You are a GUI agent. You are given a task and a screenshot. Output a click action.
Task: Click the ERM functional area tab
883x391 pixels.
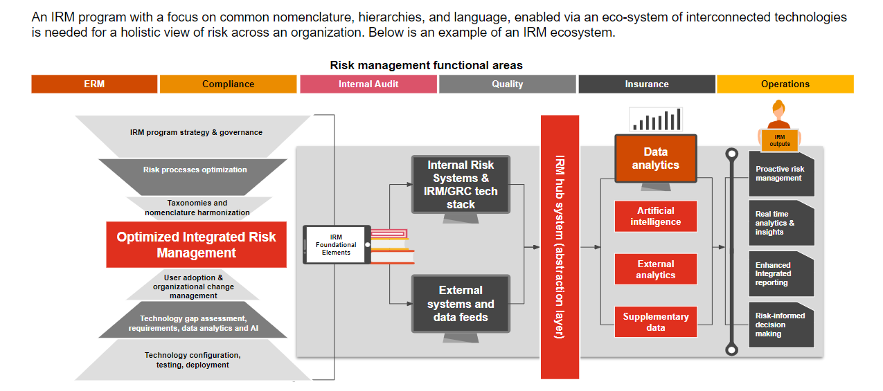click(x=94, y=84)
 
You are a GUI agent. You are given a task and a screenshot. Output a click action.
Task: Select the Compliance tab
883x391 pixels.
click(x=228, y=84)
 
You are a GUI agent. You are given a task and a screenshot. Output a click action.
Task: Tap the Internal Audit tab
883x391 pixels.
click(x=368, y=84)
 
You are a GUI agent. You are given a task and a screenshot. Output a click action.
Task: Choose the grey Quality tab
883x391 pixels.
click(x=507, y=84)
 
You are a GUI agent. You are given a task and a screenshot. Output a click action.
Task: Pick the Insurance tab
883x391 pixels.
click(x=647, y=84)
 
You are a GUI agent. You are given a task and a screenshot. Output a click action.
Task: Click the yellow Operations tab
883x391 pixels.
click(x=785, y=84)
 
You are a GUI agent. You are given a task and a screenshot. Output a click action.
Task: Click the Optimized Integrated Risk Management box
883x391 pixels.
click(x=196, y=245)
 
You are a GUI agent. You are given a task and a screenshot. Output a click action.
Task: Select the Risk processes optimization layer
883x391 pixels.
click(x=195, y=170)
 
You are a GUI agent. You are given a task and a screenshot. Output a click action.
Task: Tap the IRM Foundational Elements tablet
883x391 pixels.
click(x=336, y=245)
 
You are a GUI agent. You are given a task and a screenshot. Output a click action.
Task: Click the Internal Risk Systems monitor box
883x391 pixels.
click(x=461, y=185)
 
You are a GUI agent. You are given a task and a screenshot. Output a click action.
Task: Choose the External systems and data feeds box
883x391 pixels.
click(x=461, y=304)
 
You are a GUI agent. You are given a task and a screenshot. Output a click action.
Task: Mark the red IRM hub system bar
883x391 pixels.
click(x=560, y=246)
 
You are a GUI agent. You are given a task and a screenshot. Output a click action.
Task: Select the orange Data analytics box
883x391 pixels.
click(x=655, y=158)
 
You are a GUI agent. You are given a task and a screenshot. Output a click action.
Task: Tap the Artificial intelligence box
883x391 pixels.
click(x=655, y=216)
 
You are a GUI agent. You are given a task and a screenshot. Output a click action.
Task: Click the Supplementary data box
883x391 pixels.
click(x=655, y=322)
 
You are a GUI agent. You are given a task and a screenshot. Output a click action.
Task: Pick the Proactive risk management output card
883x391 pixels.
click(x=781, y=174)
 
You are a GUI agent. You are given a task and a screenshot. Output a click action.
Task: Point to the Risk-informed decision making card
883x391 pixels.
click(x=781, y=325)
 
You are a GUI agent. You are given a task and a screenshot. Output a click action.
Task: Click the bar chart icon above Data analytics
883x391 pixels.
click(x=655, y=120)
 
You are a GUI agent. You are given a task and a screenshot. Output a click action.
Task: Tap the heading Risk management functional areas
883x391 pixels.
click(x=426, y=65)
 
